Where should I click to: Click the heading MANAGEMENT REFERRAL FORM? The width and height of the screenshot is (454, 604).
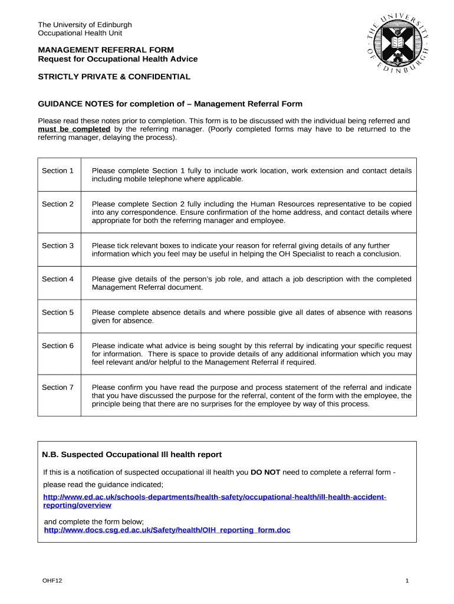coord(106,50)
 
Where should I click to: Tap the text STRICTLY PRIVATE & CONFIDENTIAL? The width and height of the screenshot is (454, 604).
coord(114,77)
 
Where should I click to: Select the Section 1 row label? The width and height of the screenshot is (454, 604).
coord(58,170)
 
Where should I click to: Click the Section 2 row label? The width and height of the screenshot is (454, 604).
coord(58,204)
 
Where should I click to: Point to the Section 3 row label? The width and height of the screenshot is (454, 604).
coord(58,245)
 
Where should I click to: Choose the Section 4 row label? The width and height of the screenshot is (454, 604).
coord(58,279)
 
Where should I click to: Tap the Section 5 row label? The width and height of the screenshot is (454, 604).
coord(58,312)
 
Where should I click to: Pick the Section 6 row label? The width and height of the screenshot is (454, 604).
coord(58,346)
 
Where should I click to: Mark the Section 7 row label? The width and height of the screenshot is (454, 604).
coord(58,387)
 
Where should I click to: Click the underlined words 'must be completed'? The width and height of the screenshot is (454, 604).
coord(74,129)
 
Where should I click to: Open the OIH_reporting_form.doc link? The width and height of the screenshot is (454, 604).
coord(167,530)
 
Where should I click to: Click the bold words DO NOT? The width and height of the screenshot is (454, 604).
coord(265,472)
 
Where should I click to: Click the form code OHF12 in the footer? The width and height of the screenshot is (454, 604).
coord(52,581)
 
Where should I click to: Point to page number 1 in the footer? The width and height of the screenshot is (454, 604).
coord(407,581)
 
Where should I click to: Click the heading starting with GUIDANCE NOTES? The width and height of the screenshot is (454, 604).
coord(170,104)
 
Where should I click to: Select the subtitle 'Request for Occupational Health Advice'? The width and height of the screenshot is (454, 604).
coord(118,59)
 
